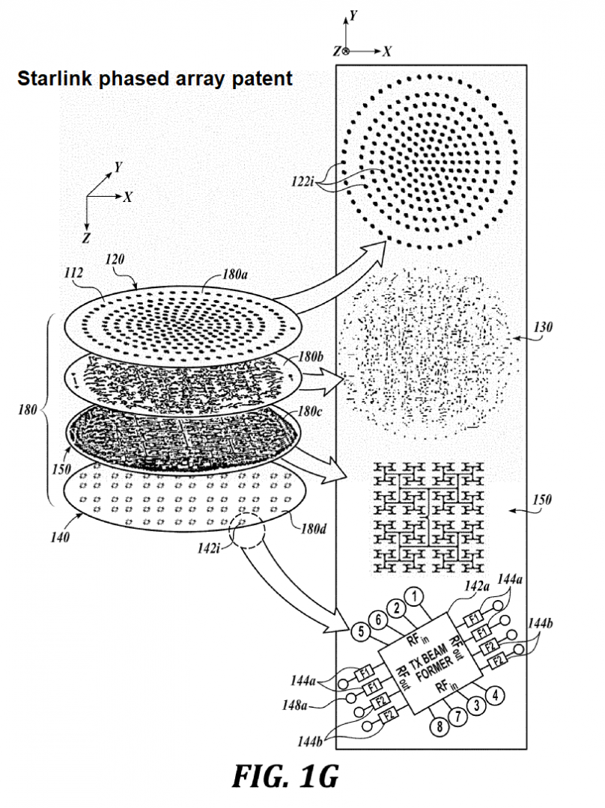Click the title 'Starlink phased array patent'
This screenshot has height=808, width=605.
[x=155, y=79]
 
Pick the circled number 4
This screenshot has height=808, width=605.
[x=493, y=693]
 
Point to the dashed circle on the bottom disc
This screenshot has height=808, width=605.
[x=249, y=531]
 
